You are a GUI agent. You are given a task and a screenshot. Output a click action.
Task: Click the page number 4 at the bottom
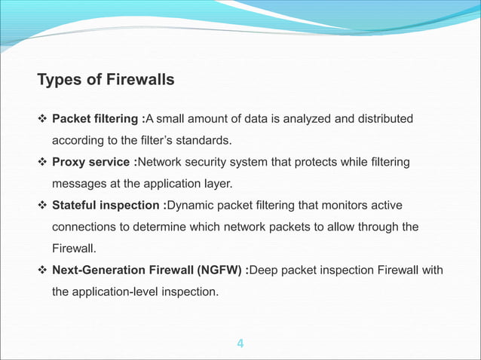pos(240,345)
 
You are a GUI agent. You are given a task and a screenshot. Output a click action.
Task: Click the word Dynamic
pos(190,206)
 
